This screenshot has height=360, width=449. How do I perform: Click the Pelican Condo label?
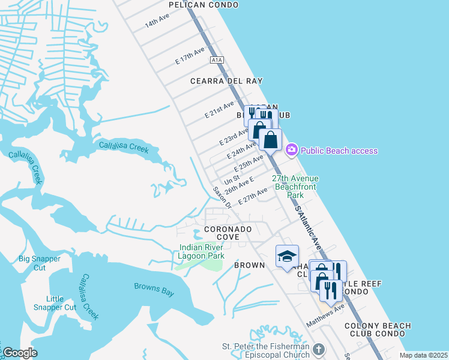[x=203, y=5]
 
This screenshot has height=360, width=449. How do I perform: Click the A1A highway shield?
[x=217, y=60]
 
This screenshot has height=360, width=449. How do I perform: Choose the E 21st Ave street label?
[x=218, y=109]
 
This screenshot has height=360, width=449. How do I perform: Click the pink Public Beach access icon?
[x=292, y=150]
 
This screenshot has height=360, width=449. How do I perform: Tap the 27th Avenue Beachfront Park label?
[x=295, y=187]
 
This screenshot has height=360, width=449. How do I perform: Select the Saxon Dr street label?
[x=222, y=197]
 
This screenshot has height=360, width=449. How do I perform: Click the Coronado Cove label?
[x=228, y=233]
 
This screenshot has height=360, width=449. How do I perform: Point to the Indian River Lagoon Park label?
[x=202, y=251]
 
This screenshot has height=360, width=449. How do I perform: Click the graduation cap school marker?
[x=287, y=256]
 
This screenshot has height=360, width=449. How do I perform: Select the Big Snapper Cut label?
[x=40, y=263]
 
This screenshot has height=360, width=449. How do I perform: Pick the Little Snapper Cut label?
[x=61, y=303]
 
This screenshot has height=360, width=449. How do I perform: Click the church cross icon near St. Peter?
[x=319, y=349]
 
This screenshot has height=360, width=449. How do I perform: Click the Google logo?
[x=20, y=353]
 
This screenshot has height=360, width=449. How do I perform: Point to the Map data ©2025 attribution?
[x=423, y=355]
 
